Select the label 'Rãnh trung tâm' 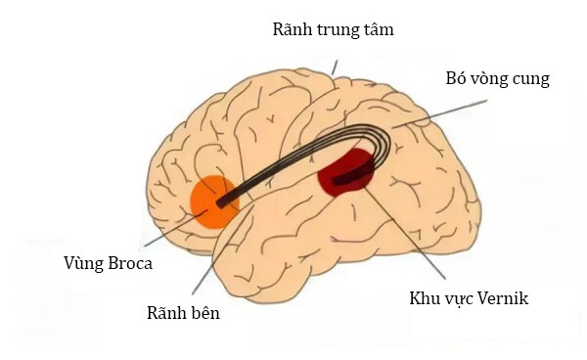pyautogui.click(x=333, y=29)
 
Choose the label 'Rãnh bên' pyautogui.click(x=184, y=313)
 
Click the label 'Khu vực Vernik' pyautogui.click(x=469, y=297)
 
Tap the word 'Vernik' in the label pyautogui.click(x=501, y=297)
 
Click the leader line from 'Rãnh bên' pyautogui.click(x=217, y=254)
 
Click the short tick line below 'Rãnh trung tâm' pyautogui.click(x=334, y=67)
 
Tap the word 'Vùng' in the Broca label pyautogui.click(x=84, y=263)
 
